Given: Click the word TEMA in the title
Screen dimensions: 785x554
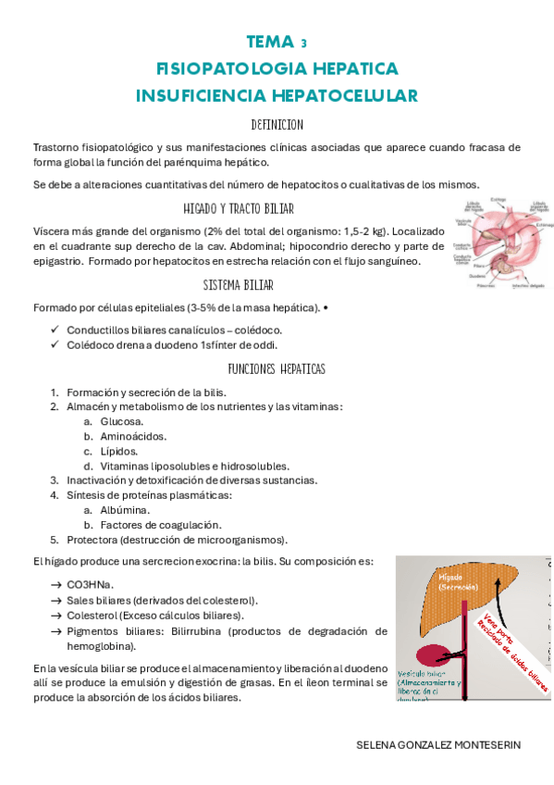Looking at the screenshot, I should pyautogui.click(x=267, y=43).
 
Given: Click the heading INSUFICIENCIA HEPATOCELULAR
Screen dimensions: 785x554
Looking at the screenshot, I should pyautogui.click(x=277, y=95).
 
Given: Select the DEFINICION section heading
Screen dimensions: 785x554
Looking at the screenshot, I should pyautogui.click(x=277, y=125).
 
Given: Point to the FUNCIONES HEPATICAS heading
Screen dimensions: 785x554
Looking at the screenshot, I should pyautogui.click(x=277, y=368).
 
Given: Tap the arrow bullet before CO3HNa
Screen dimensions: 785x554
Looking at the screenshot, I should pyautogui.click(x=57, y=585).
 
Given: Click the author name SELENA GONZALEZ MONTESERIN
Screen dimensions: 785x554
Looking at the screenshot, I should pyautogui.click(x=438, y=745).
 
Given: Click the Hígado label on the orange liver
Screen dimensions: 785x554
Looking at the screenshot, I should pyautogui.click(x=443, y=579).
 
